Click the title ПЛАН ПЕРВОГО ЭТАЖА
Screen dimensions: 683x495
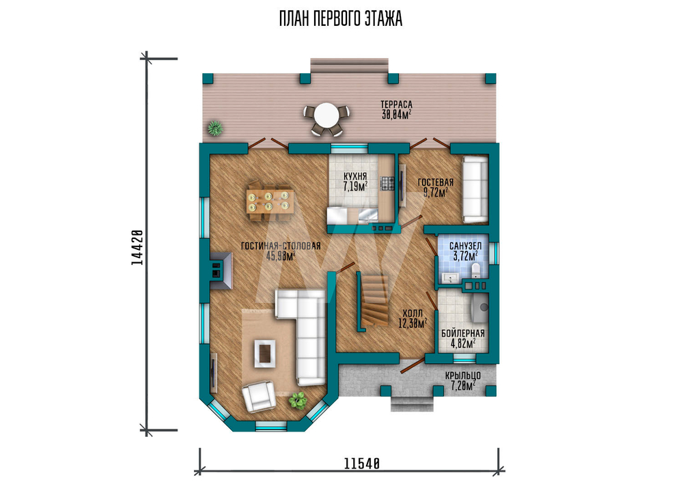[341, 19]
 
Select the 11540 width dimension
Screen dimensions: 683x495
[362, 464]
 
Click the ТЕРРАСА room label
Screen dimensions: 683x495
[396, 104]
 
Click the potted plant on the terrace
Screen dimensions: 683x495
[214, 128]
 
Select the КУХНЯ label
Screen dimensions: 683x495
[355, 176]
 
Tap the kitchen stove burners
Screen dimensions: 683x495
[387, 183]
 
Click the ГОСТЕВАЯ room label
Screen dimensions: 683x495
[436, 182]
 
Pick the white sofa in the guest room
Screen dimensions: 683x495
[475, 190]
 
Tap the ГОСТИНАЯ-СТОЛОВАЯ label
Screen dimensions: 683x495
[281, 246]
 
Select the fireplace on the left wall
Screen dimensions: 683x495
[221, 271]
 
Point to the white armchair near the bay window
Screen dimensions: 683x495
[259, 396]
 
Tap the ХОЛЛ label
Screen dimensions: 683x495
[412, 313]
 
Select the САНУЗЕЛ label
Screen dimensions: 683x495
[465, 246]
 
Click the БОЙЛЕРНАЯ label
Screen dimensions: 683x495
[462, 333]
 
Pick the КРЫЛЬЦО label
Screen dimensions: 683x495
[462, 376]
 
